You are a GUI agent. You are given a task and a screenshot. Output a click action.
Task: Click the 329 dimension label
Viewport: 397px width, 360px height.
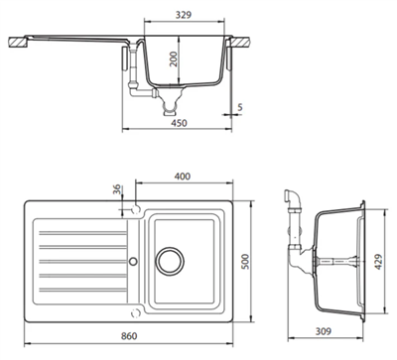coord(184,15)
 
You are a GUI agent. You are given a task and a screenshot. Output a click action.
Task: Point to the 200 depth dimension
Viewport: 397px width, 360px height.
coord(174,60)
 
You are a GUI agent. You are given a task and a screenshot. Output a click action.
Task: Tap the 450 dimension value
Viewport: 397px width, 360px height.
coord(179,123)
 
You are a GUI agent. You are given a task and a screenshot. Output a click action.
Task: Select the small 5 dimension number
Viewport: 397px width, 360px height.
coord(240,107)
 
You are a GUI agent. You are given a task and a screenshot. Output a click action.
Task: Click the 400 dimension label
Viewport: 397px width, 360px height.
coord(183,177)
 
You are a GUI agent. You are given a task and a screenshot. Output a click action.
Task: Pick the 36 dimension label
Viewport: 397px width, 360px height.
coord(117,189)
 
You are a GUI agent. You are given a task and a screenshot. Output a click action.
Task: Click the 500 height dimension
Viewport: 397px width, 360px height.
coord(245,261)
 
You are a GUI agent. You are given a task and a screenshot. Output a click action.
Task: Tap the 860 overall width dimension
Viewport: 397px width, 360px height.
coord(129,336)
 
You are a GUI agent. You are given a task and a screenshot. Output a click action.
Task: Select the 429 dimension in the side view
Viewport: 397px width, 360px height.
coord(378,262)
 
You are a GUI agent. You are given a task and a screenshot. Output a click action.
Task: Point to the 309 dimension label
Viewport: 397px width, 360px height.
coord(323,330)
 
